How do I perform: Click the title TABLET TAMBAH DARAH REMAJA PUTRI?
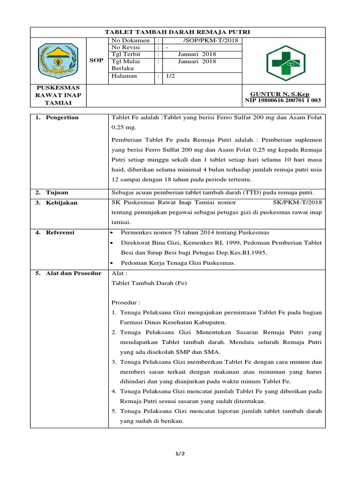(177, 32)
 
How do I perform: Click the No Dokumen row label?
(130, 40)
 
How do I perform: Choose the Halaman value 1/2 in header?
(167, 76)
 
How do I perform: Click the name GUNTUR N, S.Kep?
(280, 94)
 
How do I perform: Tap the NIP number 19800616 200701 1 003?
(283, 101)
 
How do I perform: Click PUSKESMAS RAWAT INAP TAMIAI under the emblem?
(58, 95)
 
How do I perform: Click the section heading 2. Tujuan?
(52, 193)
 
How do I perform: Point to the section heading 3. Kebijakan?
(57, 203)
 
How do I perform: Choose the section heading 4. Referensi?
(55, 232)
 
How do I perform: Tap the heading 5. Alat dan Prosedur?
(68, 273)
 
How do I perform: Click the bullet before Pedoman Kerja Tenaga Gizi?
(111, 263)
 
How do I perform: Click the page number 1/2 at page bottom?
(180, 454)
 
